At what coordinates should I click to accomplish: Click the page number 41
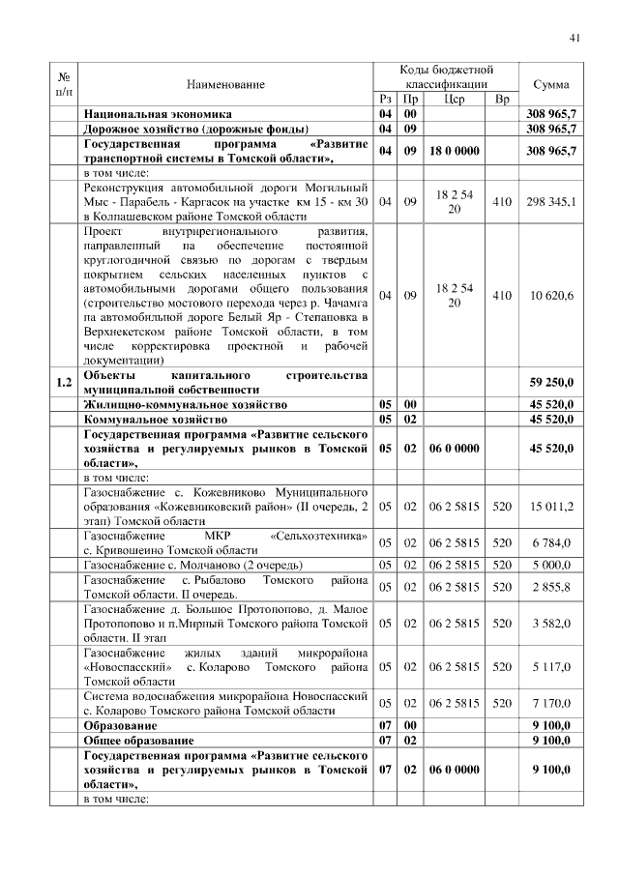[x=574, y=38]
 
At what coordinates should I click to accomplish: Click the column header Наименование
[x=225, y=84]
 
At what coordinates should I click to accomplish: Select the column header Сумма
[x=550, y=84]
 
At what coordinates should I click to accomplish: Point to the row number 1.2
[x=64, y=382]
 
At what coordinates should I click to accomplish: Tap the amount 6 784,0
[x=551, y=542]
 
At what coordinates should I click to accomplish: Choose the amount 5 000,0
[x=551, y=565]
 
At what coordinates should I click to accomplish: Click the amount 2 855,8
[x=551, y=586]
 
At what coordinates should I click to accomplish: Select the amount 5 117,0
[x=551, y=666]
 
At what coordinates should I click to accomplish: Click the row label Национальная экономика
[x=148, y=114]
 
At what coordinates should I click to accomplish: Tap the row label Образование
[x=120, y=724]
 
